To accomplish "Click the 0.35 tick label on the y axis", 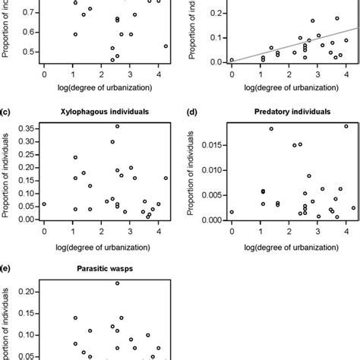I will coord(25,128).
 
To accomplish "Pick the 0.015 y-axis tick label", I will coord(210,145).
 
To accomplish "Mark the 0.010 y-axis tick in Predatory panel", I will coord(210,170).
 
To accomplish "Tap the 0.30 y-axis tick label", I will coord(25,141).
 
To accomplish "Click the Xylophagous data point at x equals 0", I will coord(44,204).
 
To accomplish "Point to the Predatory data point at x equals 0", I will coord(232,212).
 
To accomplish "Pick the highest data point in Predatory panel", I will coord(346,126).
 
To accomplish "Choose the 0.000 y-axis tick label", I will coord(210,219).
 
